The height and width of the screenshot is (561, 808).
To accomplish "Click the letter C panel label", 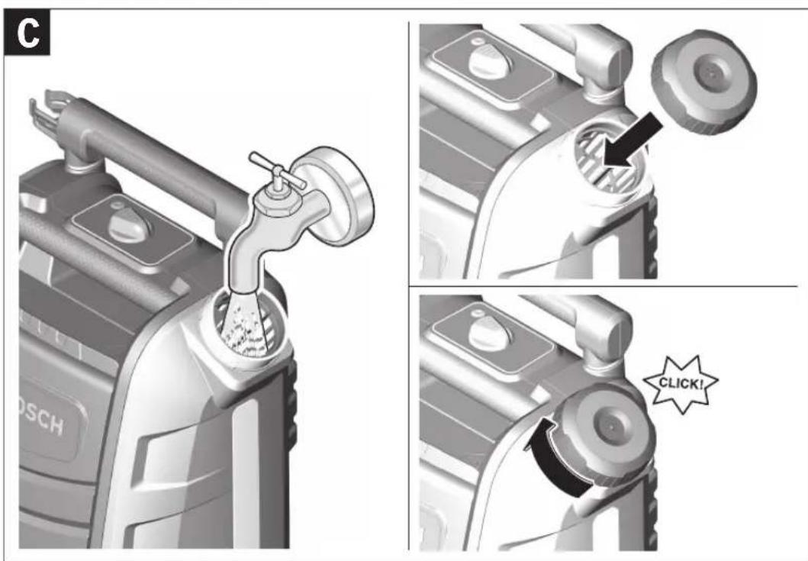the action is [x=27, y=33].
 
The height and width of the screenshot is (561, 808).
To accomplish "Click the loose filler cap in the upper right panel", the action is [x=704, y=82].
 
